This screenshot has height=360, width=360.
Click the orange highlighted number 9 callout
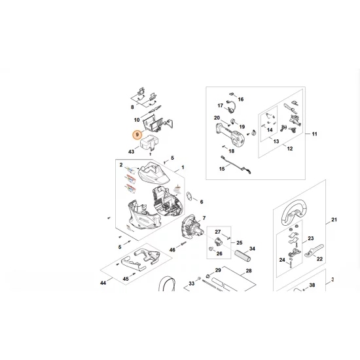[x=137, y=135]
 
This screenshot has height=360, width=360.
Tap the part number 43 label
[x=132, y=151]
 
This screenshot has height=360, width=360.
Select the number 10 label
[x=137, y=120]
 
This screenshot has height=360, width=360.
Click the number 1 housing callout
[x=183, y=168]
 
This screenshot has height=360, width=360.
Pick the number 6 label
[x=201, y=202]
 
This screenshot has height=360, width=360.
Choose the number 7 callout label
[x=204, y=218]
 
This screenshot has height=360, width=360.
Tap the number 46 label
[x=173, y=250]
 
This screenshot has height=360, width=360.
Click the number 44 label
[x=103, y=283]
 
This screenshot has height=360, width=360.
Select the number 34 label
[x=252, y=249]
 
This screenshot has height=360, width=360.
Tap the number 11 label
[x=314, y=134]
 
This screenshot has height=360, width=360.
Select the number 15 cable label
[x=222, y=170]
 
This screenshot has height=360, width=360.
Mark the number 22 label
[x=319, y=259]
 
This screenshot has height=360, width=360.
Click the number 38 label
[x=312, y=285]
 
